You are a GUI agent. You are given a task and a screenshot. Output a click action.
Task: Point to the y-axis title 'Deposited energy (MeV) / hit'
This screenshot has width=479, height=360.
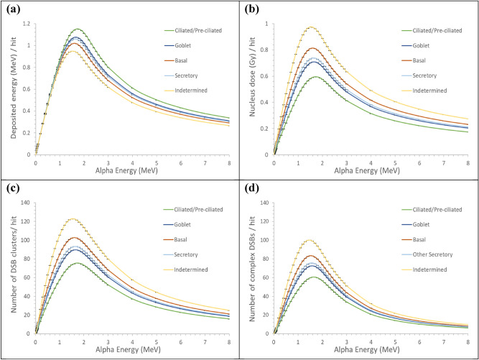click(x=9, y=88)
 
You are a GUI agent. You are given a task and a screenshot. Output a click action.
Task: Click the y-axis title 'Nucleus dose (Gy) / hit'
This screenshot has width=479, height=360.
click(x=248, y=88)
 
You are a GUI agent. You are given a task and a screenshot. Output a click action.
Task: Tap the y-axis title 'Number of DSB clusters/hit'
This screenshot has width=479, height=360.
click(x=9, y=268)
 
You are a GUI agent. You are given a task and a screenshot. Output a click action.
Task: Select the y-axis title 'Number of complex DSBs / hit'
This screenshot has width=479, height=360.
click(x=248, y=268)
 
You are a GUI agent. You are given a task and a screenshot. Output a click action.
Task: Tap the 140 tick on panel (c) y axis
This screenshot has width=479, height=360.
click(x=26, y=203)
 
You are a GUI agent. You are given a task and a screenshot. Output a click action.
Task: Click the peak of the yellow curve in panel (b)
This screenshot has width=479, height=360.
click(x=311, y=27)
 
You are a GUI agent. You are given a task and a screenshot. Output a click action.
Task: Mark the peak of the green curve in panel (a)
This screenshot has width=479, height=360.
click(x=77, y=29)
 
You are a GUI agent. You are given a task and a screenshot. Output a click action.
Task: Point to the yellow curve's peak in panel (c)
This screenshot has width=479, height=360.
click(x=72, y=219)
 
